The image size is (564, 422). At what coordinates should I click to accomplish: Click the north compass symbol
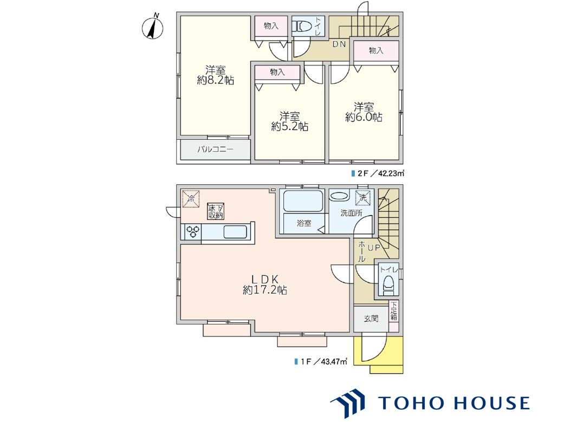click(153, 27)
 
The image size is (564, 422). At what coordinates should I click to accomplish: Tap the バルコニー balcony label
click(215, 150)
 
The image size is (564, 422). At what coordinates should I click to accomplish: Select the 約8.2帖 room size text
click(216, 80)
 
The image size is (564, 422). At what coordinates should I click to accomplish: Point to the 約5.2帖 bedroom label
click(289, 127)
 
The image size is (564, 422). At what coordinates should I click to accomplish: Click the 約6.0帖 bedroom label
click(364, 117)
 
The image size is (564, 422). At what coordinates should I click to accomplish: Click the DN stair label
click(339, 44)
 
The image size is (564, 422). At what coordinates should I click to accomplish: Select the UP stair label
click(373, 248)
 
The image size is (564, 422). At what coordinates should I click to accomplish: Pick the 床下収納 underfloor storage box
click(216, 211)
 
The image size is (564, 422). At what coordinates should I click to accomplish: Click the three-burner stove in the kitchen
click(193, 231)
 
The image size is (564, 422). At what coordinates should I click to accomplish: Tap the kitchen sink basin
click(235, 232)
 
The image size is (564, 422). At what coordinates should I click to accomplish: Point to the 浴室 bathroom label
click(303, 223)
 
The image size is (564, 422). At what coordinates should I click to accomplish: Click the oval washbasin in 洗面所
click(339, 197)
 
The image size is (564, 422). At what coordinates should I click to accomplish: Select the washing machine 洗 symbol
click(362, 198)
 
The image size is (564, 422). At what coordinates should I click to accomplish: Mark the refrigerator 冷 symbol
click(191, 199)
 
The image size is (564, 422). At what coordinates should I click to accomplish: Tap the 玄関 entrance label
click(371, 319)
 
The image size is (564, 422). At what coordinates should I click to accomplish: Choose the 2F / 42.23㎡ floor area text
click(378, 173)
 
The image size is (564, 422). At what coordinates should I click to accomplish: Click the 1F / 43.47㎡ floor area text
click(321, 361)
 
